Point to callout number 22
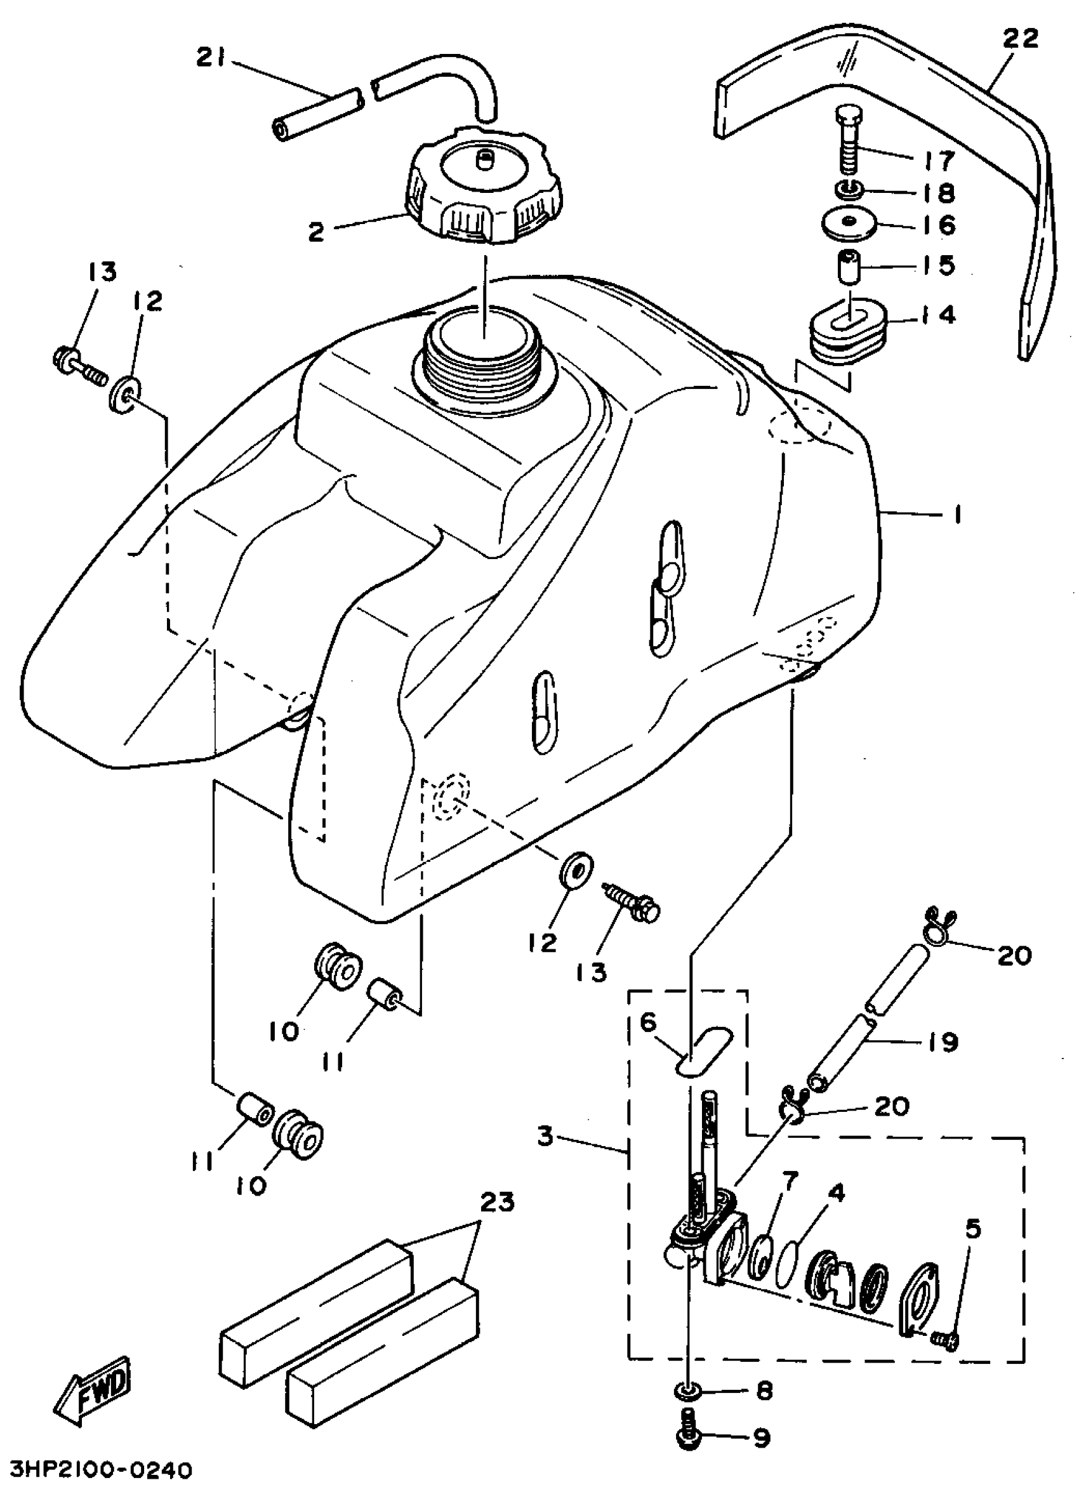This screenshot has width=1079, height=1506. tap(1021, 39)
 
